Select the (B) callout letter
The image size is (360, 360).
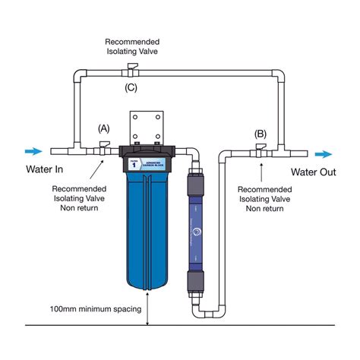click(261, 133)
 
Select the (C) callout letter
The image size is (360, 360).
click(131, 88)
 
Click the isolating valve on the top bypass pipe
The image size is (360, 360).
click(131, 72)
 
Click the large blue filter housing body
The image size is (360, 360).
click(147, 235)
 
